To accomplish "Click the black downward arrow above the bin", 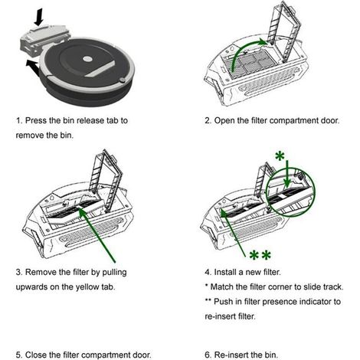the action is coord(39,17).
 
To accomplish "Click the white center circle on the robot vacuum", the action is coord(87,59).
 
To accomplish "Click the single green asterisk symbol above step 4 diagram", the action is coord(280,155).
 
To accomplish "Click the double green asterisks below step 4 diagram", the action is coord(260,255).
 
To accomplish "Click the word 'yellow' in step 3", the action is coord(87,287).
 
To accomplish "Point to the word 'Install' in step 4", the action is coord(225,272).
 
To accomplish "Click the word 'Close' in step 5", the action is coord(36,355).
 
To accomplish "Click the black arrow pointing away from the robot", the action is coord(33,67).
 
